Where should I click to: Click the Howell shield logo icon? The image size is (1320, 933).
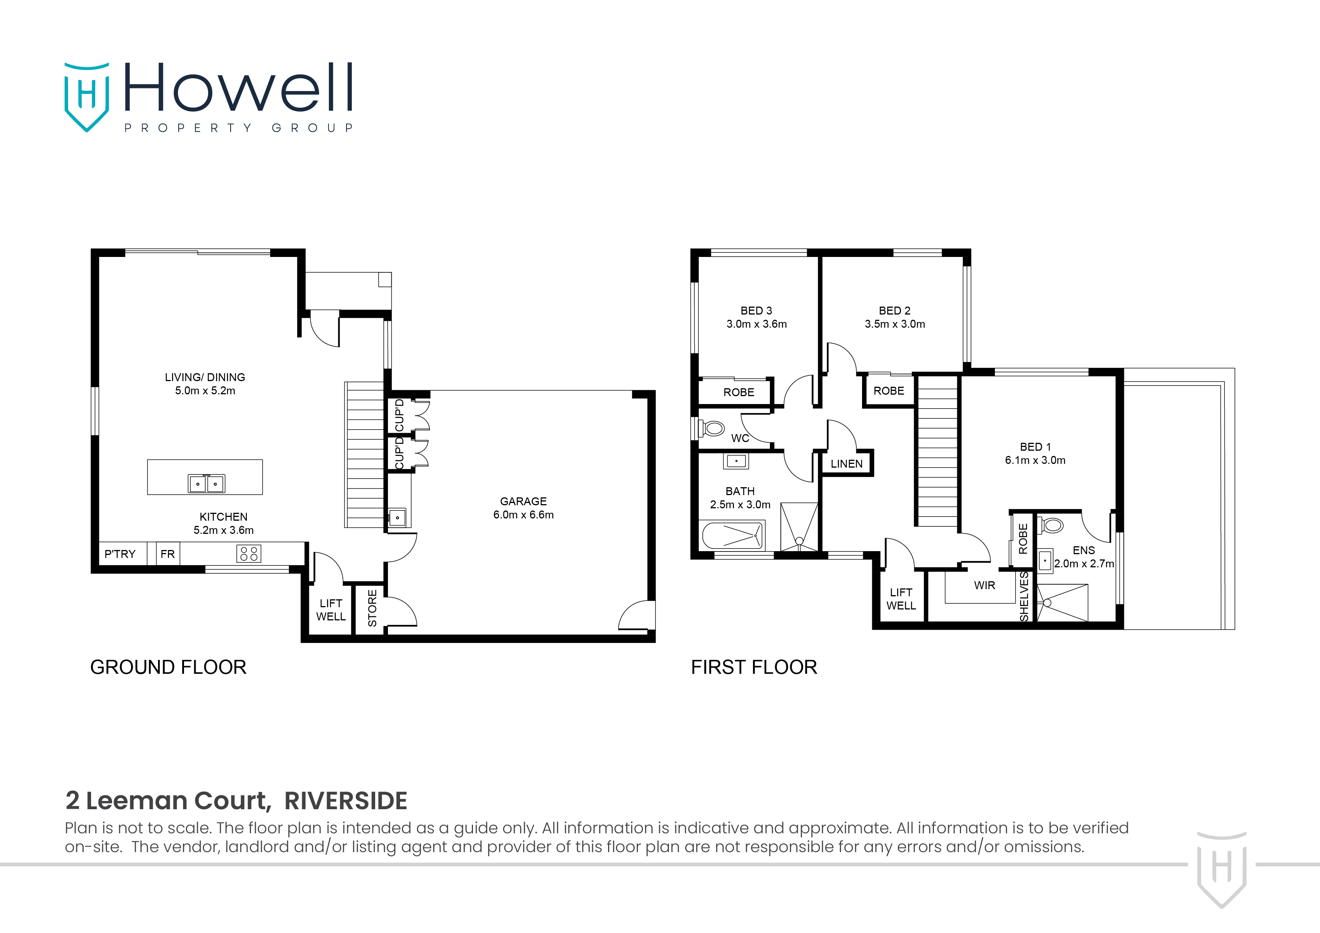click(86, 97)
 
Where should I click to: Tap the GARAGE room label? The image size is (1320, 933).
click(523, 501)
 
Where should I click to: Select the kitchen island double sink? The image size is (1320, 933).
click(207, 483)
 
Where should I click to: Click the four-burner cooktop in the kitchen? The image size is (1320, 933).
click(248, 553)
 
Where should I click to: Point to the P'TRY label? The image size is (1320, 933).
click(120, 554)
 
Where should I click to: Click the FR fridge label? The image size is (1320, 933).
click(167, 554)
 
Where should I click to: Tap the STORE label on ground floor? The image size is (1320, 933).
click(372, 608)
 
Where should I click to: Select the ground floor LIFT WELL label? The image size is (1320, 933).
click(331, 609)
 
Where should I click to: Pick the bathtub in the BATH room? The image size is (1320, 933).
click(733, 536)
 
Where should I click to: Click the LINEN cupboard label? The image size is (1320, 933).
click(846, 464)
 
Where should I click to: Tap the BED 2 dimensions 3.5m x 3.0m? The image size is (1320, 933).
click(894, 324)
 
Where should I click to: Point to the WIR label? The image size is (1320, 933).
click(984, 586)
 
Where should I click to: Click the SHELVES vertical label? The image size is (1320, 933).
click(1024, 597)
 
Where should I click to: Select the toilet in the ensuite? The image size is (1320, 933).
click(1052, 525)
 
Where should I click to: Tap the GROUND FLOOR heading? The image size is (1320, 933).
click(168, 667)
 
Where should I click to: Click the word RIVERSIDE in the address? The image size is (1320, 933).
click(345, 801)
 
